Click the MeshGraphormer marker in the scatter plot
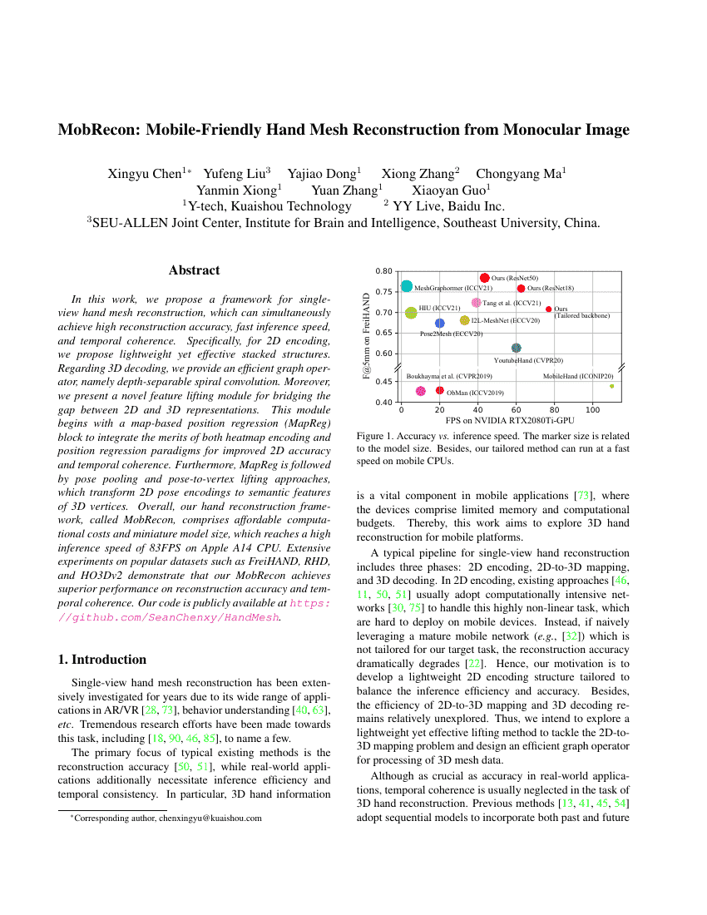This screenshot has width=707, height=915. point(406,286)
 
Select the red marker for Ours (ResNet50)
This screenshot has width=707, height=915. point(484,277)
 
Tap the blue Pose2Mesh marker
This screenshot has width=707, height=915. point(439,323)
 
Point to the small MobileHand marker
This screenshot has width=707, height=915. point(611,386)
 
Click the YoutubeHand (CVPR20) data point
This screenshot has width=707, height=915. point(516,348)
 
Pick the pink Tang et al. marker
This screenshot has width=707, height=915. point(476,303)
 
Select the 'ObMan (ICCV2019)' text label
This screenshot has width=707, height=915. point(475,392)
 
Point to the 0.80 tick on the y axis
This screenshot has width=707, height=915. point(383,271)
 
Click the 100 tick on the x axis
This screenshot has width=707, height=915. point(592,410)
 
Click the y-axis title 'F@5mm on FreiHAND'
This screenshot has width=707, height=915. point(366,336)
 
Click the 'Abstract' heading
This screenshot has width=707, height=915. point(194,270)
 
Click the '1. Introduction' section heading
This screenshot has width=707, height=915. point(101,660)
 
